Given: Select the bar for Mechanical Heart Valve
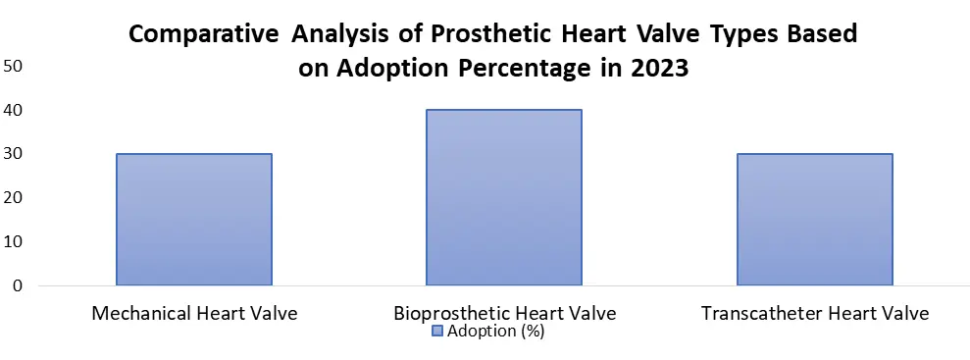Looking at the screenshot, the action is tap(194, 220).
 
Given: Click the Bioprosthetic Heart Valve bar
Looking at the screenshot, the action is tap(504, 197).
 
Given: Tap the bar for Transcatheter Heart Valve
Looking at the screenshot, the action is tap(815, 220).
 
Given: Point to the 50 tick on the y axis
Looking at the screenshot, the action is tap(13, 66).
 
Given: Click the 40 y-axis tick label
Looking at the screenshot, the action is tap(13, 110).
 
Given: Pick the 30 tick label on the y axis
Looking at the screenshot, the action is tap(13, 153).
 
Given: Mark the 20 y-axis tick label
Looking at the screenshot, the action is tap(13, 197).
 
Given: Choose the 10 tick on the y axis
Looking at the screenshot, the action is tap(13, 241).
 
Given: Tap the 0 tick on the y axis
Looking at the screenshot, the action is tap(18, 285).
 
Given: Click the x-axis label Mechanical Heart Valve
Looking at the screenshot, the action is tap(194, 313).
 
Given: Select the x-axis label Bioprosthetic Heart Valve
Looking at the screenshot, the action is tap(505, 313).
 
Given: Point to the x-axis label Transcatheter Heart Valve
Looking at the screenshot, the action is tap(815, 313).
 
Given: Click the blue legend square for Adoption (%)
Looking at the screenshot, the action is tap(437, 332).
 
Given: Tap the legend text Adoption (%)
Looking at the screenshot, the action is tap(495, 332).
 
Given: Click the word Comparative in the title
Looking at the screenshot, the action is tap(204, 34).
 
